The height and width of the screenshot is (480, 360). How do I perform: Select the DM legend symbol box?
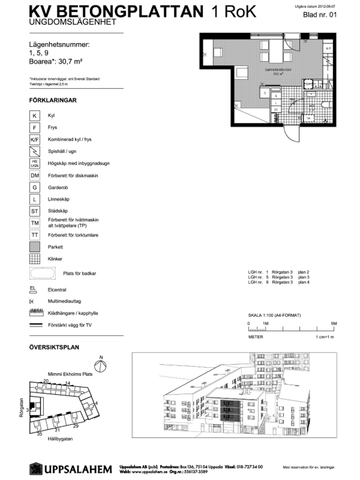(x=35, y=174)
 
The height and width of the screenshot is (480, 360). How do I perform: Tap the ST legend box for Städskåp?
(x=35, y=211)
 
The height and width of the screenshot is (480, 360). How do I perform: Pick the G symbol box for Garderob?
(x=35, y=187)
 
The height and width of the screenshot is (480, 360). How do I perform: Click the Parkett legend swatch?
(x=35, y=247)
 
